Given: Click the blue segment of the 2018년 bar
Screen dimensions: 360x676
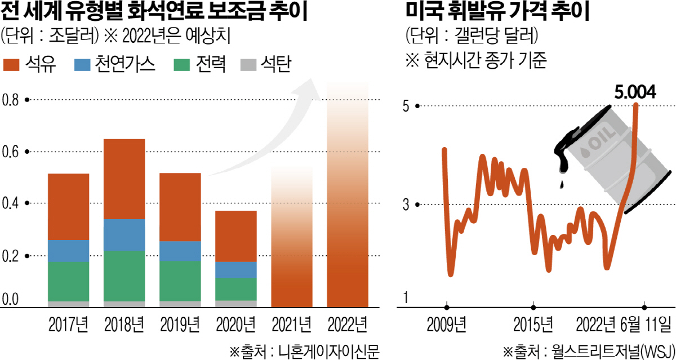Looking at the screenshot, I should [124, 235].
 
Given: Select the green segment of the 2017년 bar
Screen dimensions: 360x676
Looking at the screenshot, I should [69, 281].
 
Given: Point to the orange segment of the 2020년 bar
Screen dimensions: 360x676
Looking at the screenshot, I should [236, 236].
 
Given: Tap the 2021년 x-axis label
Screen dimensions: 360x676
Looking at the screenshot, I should [291, 325].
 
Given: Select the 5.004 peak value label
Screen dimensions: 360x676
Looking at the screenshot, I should [635, 91].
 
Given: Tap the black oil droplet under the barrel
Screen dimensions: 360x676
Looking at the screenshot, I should [562, 184].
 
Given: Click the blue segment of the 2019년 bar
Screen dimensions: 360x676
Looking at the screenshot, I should [180, 251].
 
